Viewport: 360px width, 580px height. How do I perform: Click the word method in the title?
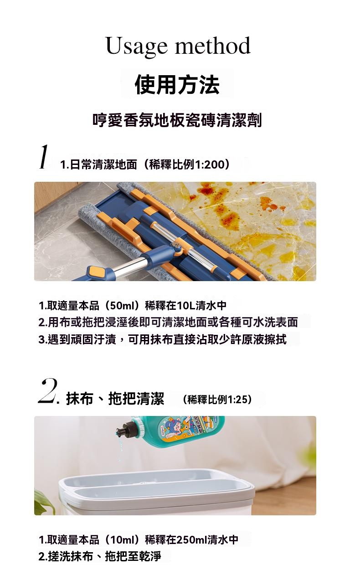(x=213, y=45)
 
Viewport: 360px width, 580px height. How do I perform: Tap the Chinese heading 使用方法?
(x=177, y=84)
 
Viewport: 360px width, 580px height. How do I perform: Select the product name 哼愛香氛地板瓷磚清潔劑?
(x=177, y=120)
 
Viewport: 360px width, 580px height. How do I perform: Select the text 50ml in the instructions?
(x=121, y=306)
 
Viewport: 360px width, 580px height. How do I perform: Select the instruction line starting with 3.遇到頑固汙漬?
(x=163, y=339)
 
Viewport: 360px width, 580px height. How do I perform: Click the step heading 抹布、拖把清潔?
(x=115, y=398)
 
